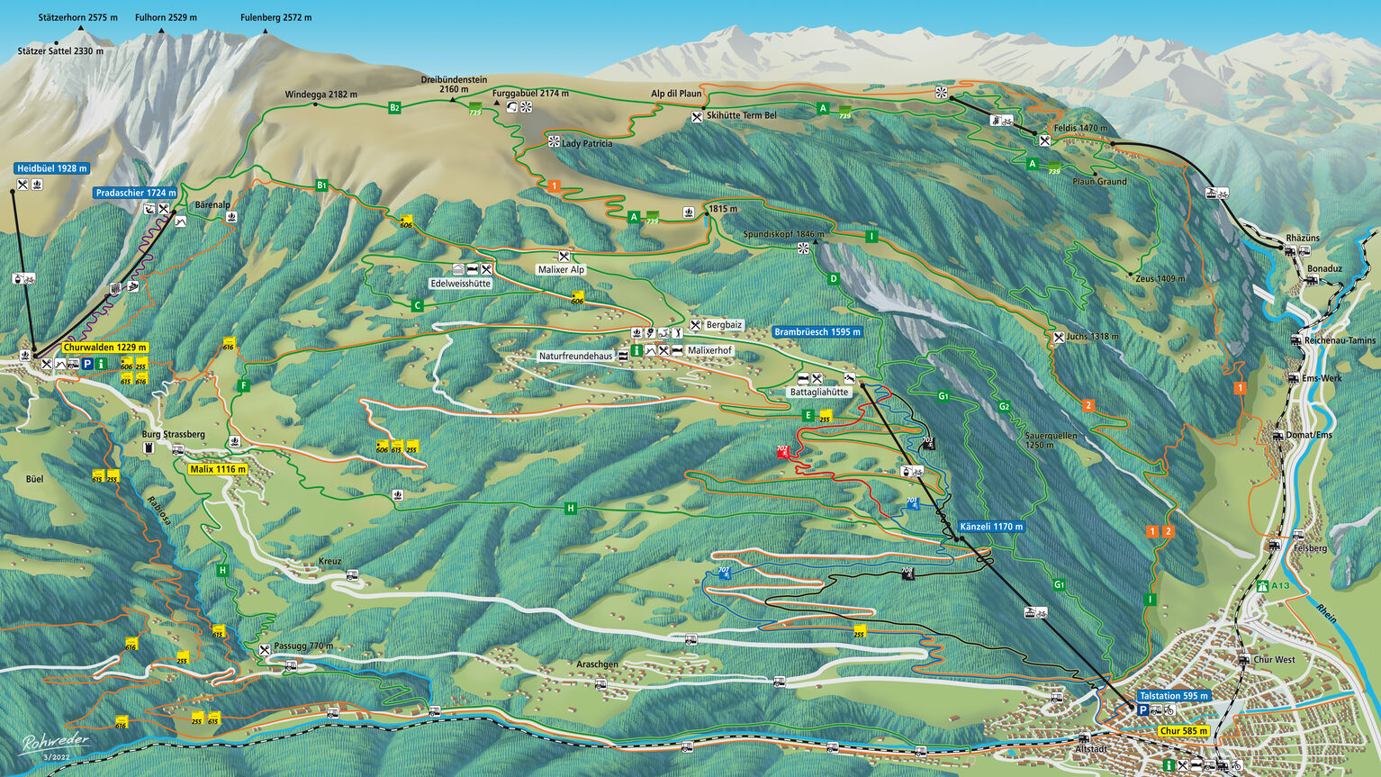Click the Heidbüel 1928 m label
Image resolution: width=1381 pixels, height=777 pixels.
coord(52,168)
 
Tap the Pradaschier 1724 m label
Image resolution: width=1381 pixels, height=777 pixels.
coord(136,193)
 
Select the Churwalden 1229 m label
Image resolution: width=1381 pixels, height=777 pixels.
coord(105,348)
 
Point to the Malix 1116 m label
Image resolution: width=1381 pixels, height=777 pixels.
coord(218,469)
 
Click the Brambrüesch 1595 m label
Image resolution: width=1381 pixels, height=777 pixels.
coord(817,332)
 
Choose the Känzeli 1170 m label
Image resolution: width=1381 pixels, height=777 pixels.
coord(991,527)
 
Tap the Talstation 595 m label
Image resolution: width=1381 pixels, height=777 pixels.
coord(1173,696)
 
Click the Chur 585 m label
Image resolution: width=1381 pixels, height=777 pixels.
coord(1183,731)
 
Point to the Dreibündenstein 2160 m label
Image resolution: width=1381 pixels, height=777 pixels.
coord(454,85)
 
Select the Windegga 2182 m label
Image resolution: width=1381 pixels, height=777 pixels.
coord(320,95)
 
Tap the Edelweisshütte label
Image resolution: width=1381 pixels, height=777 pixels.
coord(460,284)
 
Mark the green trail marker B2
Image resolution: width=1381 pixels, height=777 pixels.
coord(394,108)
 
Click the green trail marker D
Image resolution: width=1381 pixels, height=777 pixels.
coord(834,279)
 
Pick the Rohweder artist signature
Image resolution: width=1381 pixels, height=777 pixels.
coord(56,743)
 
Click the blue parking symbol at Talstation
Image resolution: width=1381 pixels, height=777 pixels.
coord(1142,710)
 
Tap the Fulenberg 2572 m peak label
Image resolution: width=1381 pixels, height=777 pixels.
coord(275,18)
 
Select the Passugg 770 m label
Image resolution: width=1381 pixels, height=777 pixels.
coord(303,646)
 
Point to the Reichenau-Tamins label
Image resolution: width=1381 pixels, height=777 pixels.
coord(1340,340)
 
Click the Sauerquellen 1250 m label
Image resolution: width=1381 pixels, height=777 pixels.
coord(1051,440)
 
